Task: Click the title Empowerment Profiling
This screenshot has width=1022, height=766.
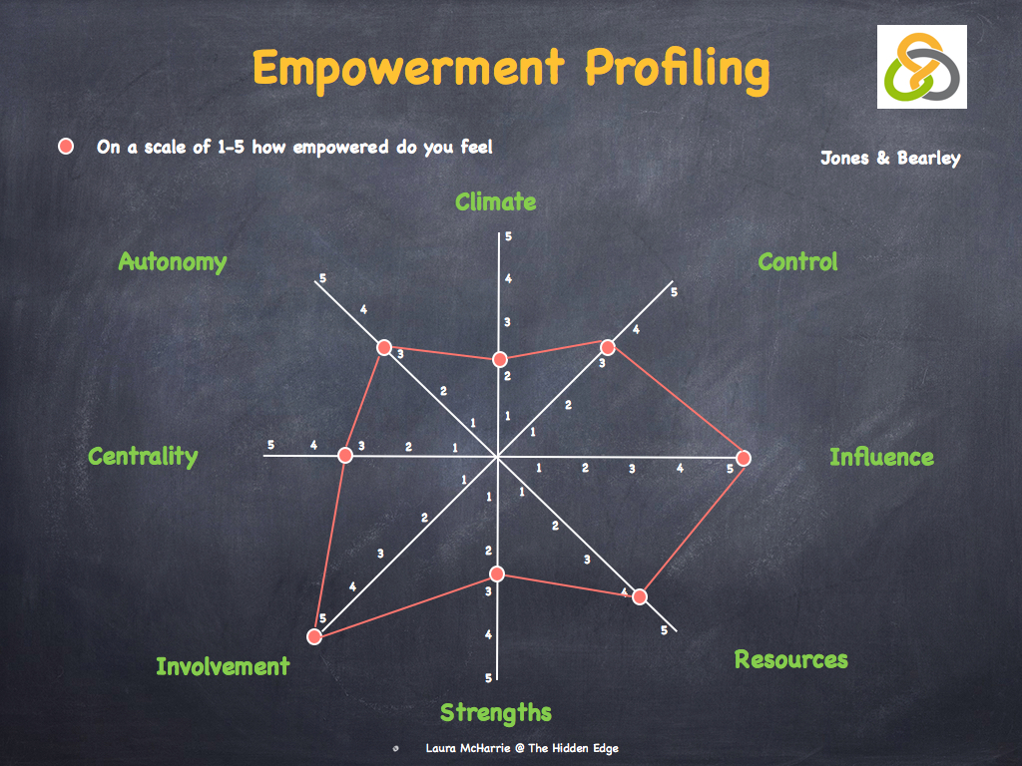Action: (510, 69)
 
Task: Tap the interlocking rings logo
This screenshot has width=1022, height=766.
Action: (921, 67)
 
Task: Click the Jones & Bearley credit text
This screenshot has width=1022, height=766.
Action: (890, 158)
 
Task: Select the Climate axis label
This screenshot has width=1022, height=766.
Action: (495, 202)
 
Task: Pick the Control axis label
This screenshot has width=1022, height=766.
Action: (797, 262)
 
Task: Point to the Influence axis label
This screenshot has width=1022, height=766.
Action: (881, 457)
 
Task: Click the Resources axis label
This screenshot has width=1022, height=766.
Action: (790, 659)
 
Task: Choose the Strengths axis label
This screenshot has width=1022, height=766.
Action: (495, 712)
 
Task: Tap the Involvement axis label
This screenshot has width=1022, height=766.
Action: (223, 666)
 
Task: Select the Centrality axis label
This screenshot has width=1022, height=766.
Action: (143, 456)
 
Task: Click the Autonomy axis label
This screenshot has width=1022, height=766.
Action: (172, 261)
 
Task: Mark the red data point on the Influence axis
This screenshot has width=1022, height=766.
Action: (743, 458)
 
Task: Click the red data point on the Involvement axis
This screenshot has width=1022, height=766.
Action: (314, 635)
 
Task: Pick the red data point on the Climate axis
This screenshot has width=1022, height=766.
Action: (499, 359)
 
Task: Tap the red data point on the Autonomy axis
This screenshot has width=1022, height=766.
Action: (384, 347)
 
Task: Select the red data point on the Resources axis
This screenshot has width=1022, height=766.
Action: (640, 596)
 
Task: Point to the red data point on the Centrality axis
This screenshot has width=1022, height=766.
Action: (345, 455)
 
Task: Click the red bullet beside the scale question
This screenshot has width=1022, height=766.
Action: (67, 147)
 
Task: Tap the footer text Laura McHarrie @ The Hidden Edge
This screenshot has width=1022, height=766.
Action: (521, 748)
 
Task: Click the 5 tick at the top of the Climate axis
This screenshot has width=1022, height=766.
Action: (508, 236)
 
